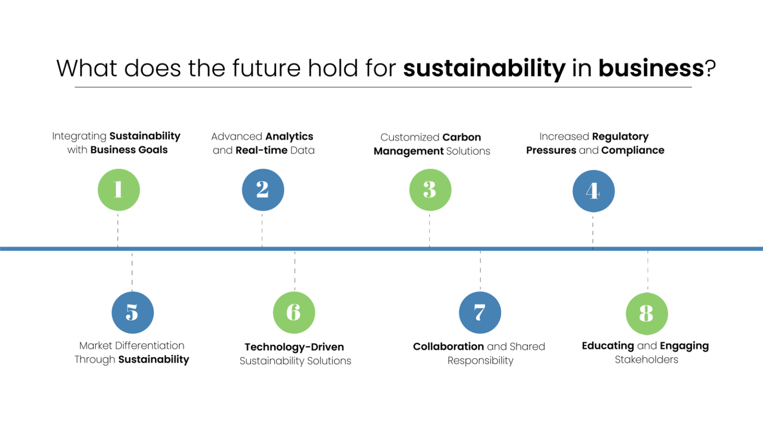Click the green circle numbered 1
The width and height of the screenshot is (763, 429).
[x=119, y=190]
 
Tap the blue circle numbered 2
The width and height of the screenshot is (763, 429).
[x=263, y=190]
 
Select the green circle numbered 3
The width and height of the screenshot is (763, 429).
[x=430, y=190]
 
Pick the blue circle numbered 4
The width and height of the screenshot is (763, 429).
[x=593, y=191]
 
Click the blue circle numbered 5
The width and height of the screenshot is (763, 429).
[x=133, y=312]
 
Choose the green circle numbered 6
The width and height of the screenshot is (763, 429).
[x=294, y=312]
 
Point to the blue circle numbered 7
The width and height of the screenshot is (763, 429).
[x=480, y=312]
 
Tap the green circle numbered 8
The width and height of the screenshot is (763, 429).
[x=647, y=313]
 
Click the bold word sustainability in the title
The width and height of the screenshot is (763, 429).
[x=484, y=69]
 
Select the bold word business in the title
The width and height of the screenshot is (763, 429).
[x=651, y=68]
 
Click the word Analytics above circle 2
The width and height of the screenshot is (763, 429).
[x=289, y=137]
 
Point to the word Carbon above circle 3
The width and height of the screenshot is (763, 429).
[x=461, y=138]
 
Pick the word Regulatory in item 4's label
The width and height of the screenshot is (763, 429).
[x=620, y=137]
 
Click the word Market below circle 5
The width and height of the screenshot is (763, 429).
[x=96, y=346]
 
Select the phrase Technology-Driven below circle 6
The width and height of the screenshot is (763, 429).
[x=294, y=347]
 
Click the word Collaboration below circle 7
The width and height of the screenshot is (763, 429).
[x=448, y=347]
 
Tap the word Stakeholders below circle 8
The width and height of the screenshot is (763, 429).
[x=646, y=360]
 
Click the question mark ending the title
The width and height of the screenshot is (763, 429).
[x=711, y=69]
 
